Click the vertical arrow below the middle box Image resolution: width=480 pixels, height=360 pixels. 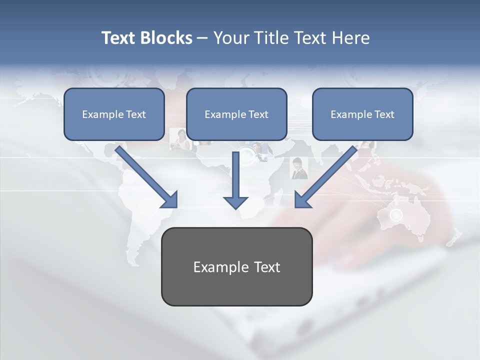(x=235, y=175)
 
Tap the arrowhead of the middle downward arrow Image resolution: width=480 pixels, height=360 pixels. (x=235, y=202)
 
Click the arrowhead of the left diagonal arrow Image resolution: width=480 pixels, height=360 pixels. (x=170, y=199)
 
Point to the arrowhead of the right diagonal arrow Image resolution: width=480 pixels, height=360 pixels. (x=303, y=199)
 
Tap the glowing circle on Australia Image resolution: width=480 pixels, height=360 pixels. (x=396, y=215)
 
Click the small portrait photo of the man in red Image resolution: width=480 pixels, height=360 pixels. (x=299, y=168)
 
